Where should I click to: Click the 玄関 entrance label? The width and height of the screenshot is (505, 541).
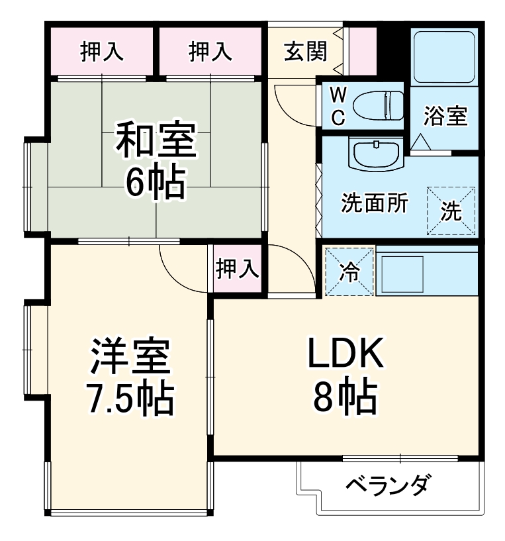pos(306,52)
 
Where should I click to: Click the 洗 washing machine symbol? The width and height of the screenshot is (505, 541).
pos(451,211)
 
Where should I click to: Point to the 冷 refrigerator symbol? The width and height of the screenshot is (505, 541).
pos(349,271)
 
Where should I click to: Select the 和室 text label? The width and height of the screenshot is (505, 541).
pos(156,140)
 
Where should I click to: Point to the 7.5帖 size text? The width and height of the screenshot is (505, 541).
pos(130,397)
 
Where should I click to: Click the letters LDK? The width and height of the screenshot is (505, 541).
pos(344,356)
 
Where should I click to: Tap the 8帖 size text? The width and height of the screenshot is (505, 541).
pos(344,397)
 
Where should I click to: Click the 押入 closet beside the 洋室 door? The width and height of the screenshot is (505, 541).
pos(237,268)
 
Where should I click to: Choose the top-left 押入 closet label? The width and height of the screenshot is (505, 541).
pos(102,52)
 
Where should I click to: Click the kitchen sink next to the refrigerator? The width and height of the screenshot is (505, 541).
pos(401,271)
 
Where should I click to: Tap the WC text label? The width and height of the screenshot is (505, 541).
pos(338,106)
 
